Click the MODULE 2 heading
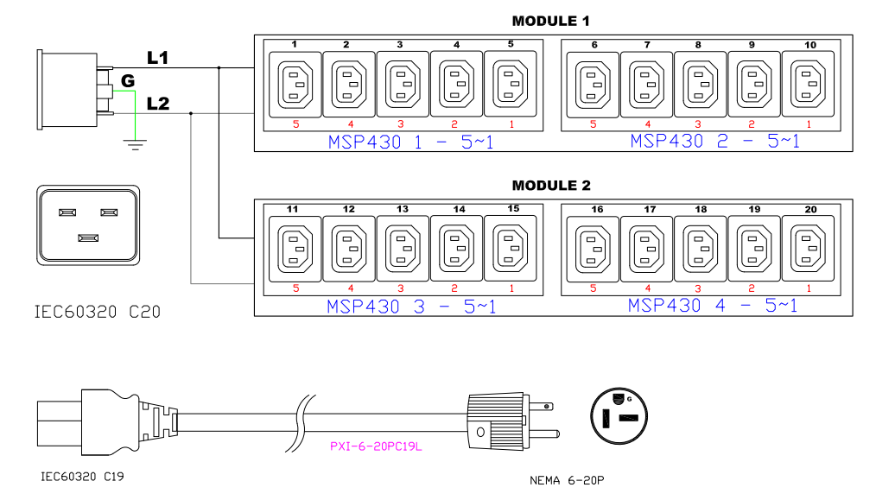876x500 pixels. (x=551, y=186)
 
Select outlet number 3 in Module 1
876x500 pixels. (x=403, y=84)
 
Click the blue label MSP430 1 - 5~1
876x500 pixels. (x=410, y=142)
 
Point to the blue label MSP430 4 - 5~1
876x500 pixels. (x=712, y=306)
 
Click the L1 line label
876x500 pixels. (x=157, y=58)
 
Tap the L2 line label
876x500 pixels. (x=157, y=104)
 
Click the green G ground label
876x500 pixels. (x=128, y=80)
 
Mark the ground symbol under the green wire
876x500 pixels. (x=134, y=142)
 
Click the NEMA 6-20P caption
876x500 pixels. (x=566, y=480)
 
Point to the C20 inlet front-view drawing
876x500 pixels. (x=86, y=222)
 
